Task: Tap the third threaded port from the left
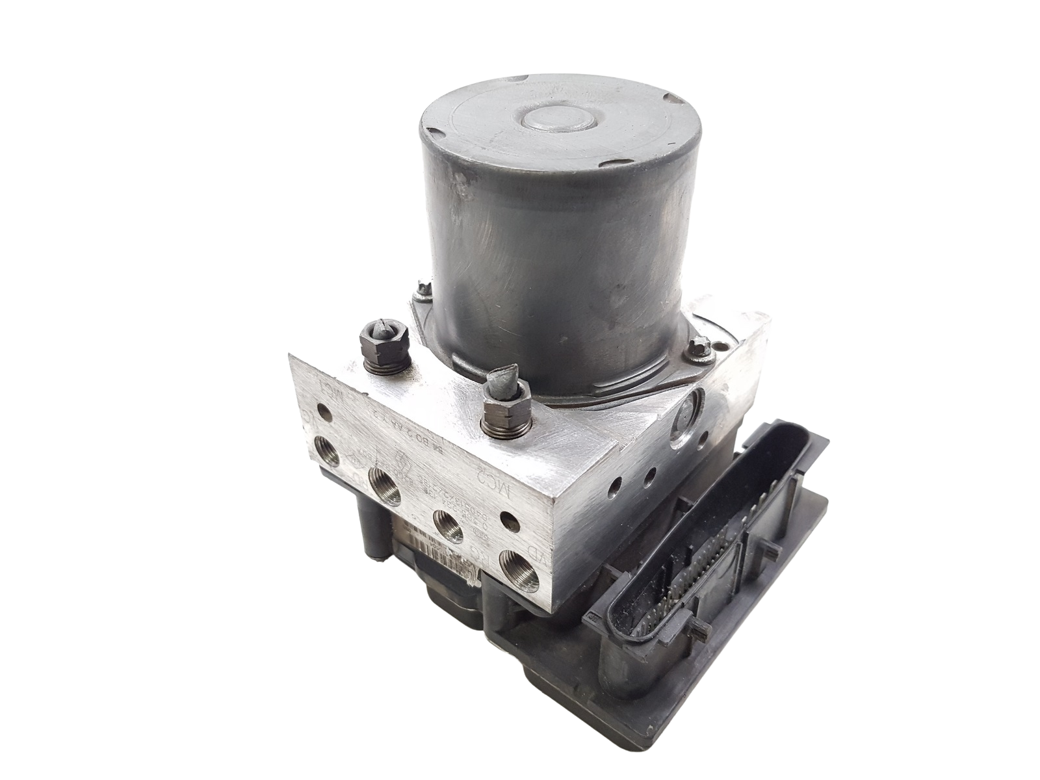[x=448, y=520]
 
